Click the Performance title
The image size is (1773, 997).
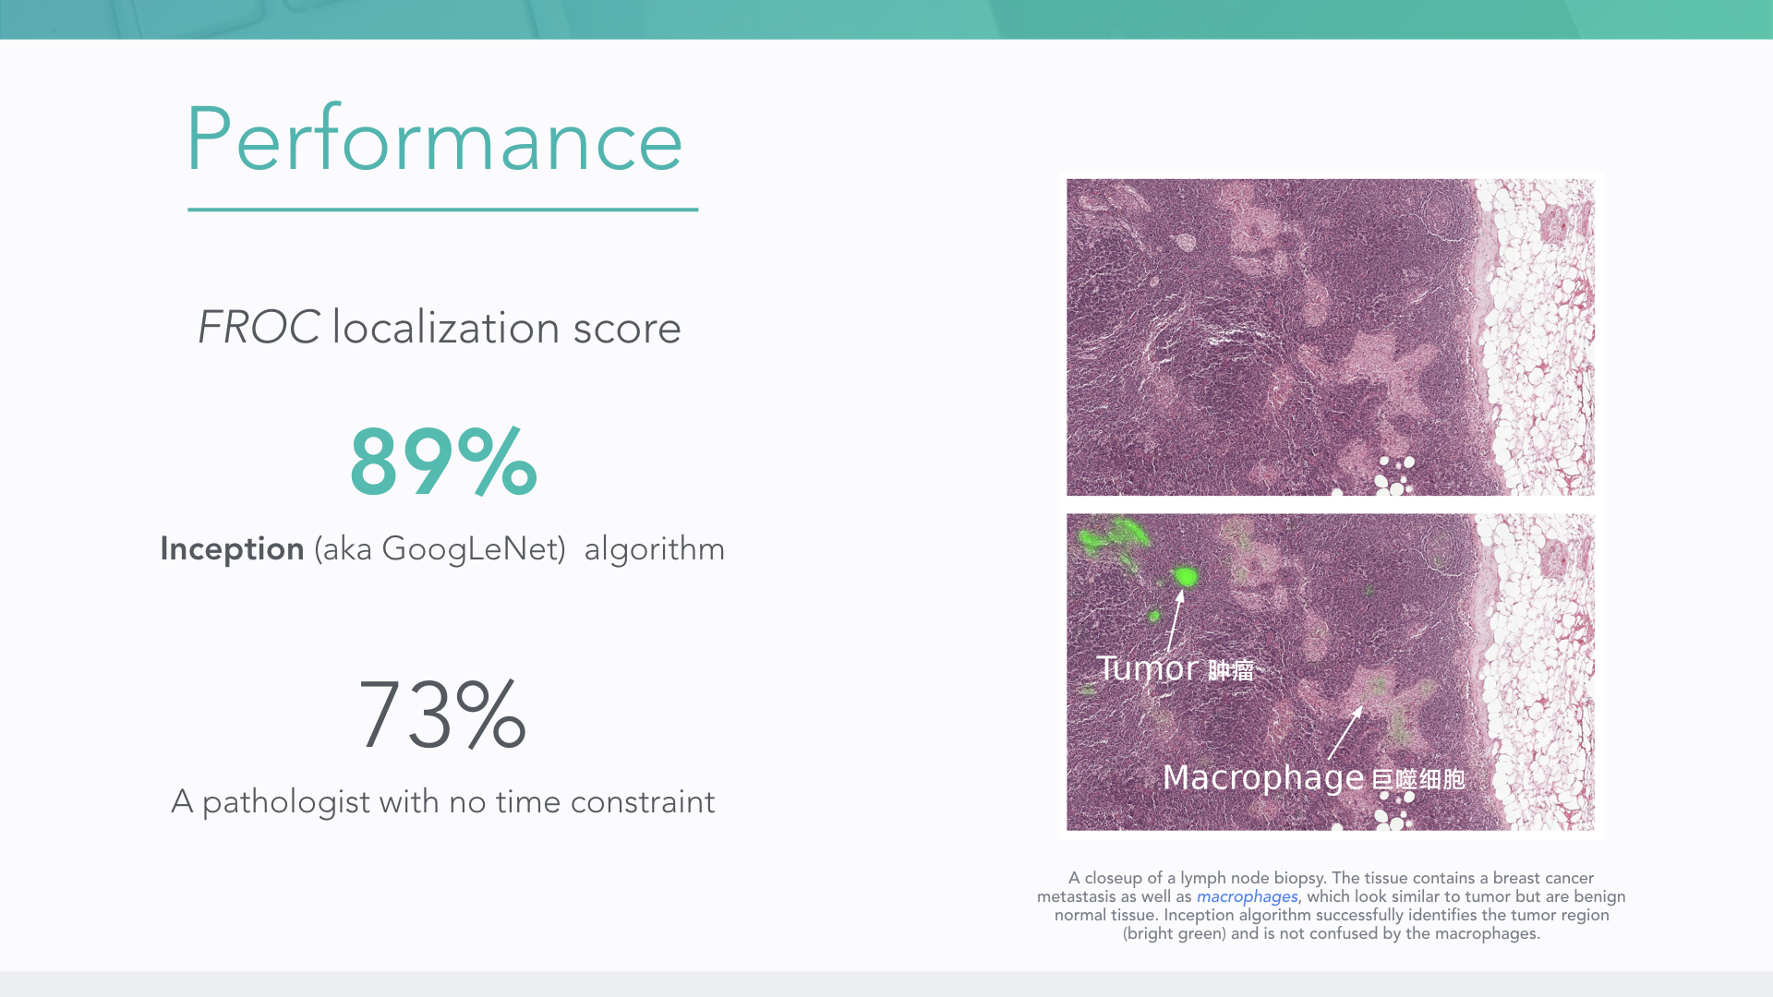point(434,139)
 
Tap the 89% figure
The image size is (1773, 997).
point(443,462)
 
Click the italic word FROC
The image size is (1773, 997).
point(259,328)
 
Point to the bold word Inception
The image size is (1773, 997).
point(232,548)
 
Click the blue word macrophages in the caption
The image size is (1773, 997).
point(1247,896)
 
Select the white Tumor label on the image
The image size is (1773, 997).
point(1147,667)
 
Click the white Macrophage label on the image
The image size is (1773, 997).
point(1263,777)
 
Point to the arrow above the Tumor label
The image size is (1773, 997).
point(1175,621)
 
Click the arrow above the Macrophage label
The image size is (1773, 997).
point(1345,733)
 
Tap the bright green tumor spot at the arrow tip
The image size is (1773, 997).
point(1186,577)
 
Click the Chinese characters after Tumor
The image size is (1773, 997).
point(1231,669)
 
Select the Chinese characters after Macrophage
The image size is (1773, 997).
point(1417,779)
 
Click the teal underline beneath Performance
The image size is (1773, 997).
point(443,210)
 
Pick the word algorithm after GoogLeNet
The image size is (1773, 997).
point(654,549)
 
